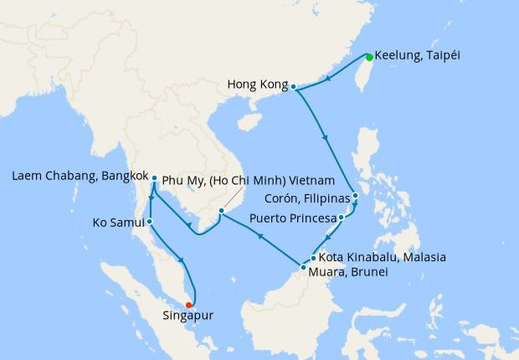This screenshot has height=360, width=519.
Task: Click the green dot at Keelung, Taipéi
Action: [x=368, y=57]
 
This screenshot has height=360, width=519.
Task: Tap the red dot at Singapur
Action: [x=189, y=305]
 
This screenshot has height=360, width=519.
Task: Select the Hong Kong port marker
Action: [x=294, y=85]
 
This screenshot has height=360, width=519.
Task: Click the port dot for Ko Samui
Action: [x=149, y=222]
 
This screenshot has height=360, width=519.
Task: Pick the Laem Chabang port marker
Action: [x=155, y=177]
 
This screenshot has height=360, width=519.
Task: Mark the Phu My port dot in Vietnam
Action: [x=221, y=210]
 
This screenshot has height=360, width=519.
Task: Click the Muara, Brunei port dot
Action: [x=303, y=267]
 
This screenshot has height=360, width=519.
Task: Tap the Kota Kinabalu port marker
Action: [x=313, y=258]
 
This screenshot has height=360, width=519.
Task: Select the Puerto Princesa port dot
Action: [x=341, y=218]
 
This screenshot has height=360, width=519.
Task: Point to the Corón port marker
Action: [x=355, y=197]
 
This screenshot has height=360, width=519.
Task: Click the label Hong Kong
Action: [x=257, y=85]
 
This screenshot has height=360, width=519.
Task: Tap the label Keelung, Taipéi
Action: [x=418, y=56]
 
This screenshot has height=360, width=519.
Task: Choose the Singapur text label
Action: [x=189, y=318]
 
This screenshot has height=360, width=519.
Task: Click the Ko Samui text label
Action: [x=118, y=223]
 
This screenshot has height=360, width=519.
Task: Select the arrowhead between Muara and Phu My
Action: [x=260, y=238]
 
